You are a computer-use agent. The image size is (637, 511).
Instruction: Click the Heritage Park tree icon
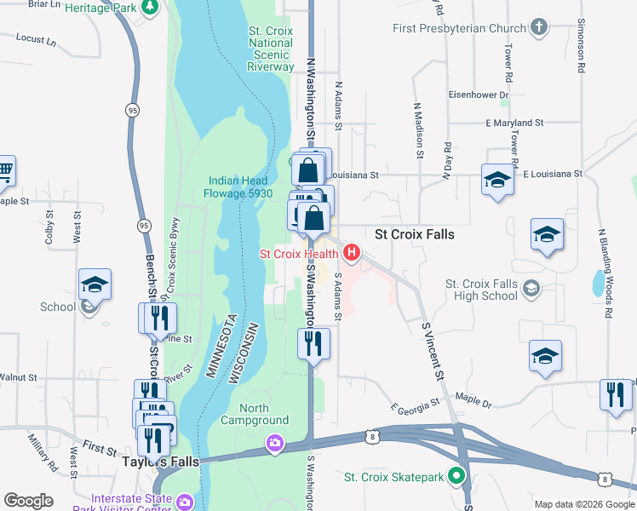coord(151,7)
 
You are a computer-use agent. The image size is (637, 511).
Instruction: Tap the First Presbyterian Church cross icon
coord(537,28)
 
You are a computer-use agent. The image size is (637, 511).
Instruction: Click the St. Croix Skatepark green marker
coord(457,477)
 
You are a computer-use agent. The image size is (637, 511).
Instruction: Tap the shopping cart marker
coord(4,170)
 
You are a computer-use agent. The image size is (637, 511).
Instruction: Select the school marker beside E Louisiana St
coord(497,180)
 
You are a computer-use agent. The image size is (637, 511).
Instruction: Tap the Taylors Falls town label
coord(160,462)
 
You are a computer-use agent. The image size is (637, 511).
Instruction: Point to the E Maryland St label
coord(514,123)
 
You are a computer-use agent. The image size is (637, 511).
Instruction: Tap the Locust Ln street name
coord(35,39)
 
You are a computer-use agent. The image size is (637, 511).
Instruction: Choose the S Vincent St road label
coord(433,351)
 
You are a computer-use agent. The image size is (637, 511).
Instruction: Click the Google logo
coord(28,501)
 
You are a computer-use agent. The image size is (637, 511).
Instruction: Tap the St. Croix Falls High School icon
coord(531,290)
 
